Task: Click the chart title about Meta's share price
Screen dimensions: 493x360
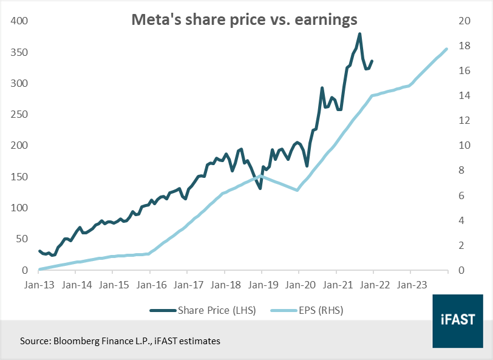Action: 244,19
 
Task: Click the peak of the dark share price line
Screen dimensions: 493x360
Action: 359,33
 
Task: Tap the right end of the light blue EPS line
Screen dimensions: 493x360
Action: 446,49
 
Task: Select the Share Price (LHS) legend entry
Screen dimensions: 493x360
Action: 203,310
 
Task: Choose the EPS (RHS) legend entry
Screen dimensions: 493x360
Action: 307,310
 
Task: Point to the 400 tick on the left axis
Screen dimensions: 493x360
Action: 19,21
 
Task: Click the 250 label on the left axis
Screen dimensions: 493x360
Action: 19,115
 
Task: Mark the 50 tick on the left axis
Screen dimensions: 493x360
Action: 22,239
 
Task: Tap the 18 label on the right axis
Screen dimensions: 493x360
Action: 464,46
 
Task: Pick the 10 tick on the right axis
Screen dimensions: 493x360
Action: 464,146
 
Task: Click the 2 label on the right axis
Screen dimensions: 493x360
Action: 461,245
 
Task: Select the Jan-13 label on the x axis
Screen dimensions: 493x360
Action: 39,285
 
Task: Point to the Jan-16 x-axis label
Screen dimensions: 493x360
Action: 152,285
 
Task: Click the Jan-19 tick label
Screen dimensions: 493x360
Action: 263,285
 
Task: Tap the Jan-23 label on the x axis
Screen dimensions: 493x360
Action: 412,285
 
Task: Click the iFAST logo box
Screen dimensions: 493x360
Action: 458,321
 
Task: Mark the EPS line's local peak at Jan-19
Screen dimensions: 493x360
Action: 261,176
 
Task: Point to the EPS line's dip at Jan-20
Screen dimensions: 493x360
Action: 297,190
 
